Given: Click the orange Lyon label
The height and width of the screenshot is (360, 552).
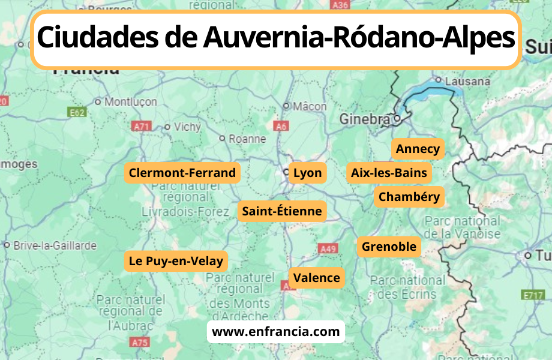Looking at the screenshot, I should (307, 173).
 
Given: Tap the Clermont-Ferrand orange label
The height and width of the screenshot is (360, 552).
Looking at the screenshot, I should (182, 173).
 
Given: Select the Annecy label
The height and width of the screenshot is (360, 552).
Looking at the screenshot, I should (418, 149).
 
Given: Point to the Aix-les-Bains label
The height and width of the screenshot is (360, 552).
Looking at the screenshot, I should (389, 173).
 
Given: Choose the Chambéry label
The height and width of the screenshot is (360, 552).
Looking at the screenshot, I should (409, 196).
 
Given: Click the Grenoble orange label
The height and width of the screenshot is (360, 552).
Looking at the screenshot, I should (389, 247).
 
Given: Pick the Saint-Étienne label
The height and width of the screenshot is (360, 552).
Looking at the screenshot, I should (282, 211).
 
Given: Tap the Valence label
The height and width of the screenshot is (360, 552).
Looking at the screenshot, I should (316, 278).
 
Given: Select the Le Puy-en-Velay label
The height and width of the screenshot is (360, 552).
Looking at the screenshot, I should (176, 261).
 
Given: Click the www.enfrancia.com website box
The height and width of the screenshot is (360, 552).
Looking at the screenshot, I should (276, 331).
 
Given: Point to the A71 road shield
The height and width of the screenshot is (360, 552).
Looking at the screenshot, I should (142, 126).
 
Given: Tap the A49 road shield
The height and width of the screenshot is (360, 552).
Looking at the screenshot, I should (328, 248).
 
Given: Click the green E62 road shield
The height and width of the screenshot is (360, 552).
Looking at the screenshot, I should (77, 112).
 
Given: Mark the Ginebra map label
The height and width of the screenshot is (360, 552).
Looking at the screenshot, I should (364, 119).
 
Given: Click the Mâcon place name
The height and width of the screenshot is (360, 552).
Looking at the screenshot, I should (309, 106).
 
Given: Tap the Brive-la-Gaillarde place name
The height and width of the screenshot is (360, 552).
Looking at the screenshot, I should (55, 245).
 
